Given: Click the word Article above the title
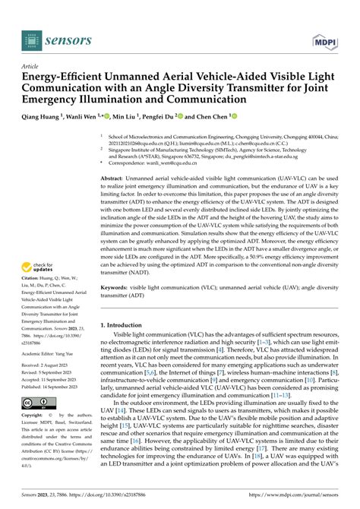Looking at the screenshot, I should (31, 67).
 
